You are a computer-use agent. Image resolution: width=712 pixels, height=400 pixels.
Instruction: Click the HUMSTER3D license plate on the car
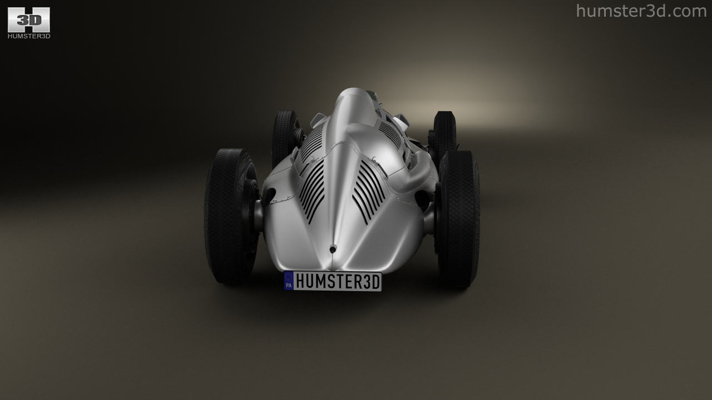coord(333,281)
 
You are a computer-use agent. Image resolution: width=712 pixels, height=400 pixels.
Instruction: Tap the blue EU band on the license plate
coord(288,281)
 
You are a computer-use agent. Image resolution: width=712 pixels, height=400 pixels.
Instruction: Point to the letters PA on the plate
coord(289,286)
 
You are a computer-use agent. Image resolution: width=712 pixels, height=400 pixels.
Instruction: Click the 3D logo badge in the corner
coord(28,19)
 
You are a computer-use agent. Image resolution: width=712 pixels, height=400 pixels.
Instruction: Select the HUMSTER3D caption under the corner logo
coord(29,36)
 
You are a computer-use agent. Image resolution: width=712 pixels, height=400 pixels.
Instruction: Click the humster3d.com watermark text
coord(641,12)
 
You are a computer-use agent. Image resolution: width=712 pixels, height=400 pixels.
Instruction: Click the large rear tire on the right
coord(458,219)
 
